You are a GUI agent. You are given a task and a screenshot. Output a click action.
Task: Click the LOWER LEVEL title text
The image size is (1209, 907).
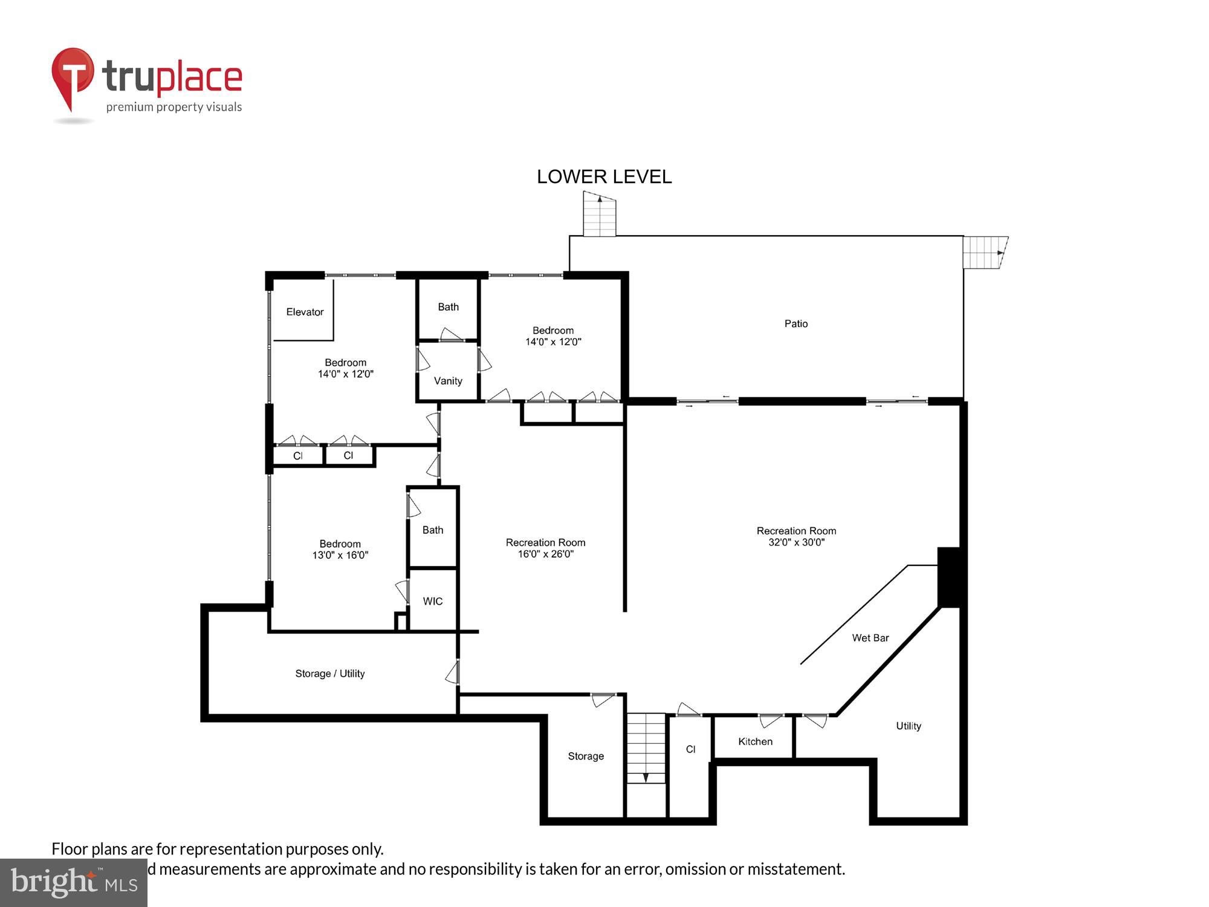point(604,177)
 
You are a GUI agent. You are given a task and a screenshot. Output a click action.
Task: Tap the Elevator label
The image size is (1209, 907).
point(305,312)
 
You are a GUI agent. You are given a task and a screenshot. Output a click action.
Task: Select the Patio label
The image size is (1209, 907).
point(796,323)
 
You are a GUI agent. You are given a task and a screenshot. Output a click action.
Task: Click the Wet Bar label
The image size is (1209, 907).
point(870,637)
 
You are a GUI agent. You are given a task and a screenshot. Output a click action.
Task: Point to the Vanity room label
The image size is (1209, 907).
point(448,381)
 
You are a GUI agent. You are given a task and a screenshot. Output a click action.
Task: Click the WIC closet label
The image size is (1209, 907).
point(433,601)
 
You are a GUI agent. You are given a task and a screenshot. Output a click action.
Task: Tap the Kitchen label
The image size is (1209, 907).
point(755,741)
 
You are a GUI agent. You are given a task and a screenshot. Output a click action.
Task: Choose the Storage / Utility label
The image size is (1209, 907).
point(329,674)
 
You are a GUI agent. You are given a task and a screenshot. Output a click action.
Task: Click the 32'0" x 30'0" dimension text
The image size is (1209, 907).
point(796,542)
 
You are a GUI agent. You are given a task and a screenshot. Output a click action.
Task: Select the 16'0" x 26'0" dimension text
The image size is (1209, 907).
point(545,554)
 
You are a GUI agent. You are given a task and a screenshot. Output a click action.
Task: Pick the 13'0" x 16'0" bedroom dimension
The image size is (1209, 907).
point(340,555)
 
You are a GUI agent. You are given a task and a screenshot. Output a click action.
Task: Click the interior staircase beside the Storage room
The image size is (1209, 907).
point(646,748)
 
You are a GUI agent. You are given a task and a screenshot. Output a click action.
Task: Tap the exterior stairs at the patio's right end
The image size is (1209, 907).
point(984,252)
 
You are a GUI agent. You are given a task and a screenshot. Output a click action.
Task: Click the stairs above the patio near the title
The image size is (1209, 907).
point(599,215)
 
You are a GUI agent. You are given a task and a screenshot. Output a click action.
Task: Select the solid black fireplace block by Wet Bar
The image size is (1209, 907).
point(948,577)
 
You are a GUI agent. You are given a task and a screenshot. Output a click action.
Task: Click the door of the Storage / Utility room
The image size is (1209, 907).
point(453,672)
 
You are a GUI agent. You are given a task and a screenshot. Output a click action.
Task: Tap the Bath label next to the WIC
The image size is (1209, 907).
point(433,530)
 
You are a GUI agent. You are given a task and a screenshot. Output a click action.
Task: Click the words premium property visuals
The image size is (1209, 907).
point(174,107)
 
